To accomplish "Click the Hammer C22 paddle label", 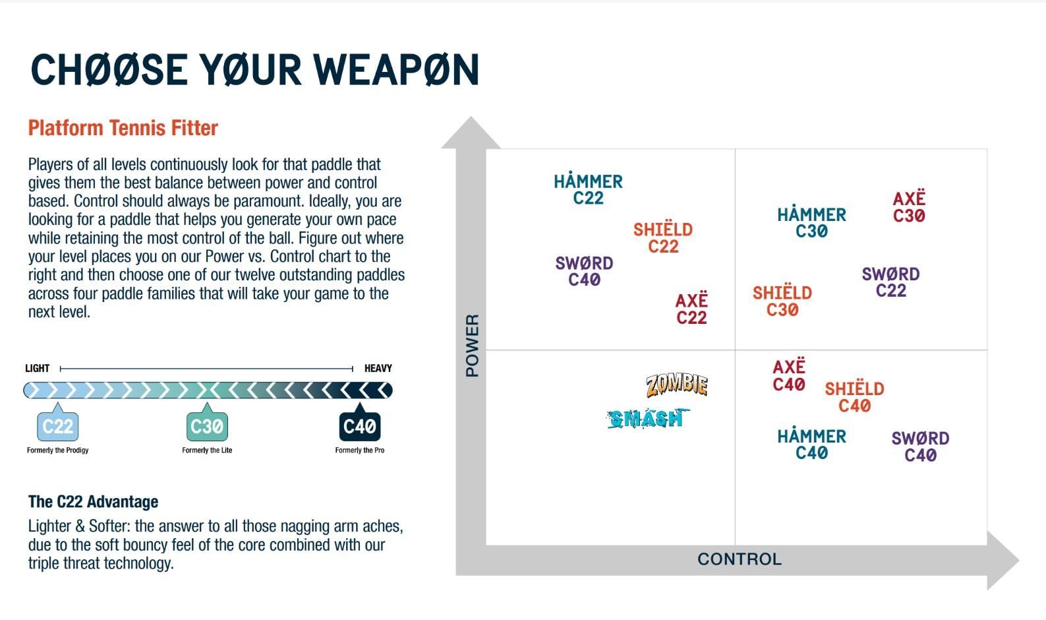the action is point(589,190).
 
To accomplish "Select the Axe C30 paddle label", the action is point(909,207).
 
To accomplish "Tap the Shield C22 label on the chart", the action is point(663,238).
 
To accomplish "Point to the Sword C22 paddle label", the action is point(890,282).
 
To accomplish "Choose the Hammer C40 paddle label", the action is point(811,445).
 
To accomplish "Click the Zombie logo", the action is point(677,385).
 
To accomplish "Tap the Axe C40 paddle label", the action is point(789,375).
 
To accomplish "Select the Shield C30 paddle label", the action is point(782,301).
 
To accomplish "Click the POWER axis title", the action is point(472,345).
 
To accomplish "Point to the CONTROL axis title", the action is point(740,559).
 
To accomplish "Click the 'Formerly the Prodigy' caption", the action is point(57,450).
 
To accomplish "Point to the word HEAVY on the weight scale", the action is point(378,368).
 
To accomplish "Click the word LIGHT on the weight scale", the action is point(37,368).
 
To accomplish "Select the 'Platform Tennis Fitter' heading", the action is point(123,128).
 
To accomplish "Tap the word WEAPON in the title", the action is point(397,70).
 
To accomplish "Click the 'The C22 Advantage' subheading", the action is point(93,502).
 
